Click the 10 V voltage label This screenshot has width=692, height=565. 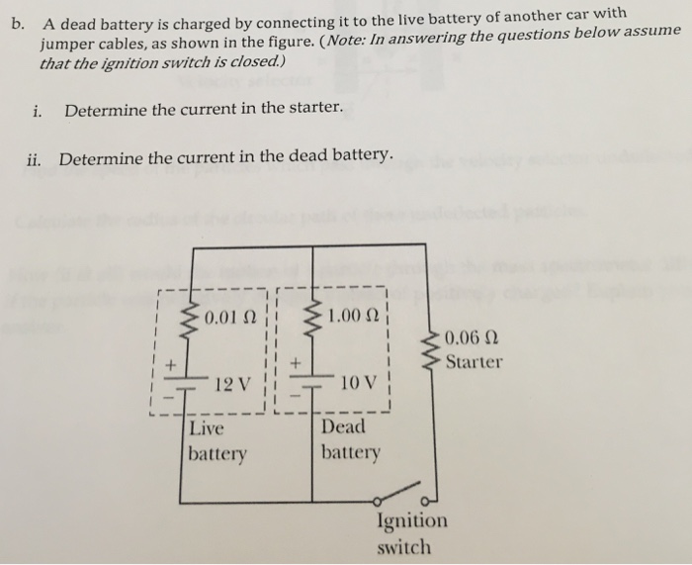pos(358,383)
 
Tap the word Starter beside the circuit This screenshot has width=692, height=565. pos(474,361)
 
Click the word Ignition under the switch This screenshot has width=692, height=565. pos(411,521)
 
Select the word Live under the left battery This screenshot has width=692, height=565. pos(207,429)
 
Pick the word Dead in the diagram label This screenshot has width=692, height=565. pos(343,427)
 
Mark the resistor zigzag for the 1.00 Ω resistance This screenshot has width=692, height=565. pos(315,314)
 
